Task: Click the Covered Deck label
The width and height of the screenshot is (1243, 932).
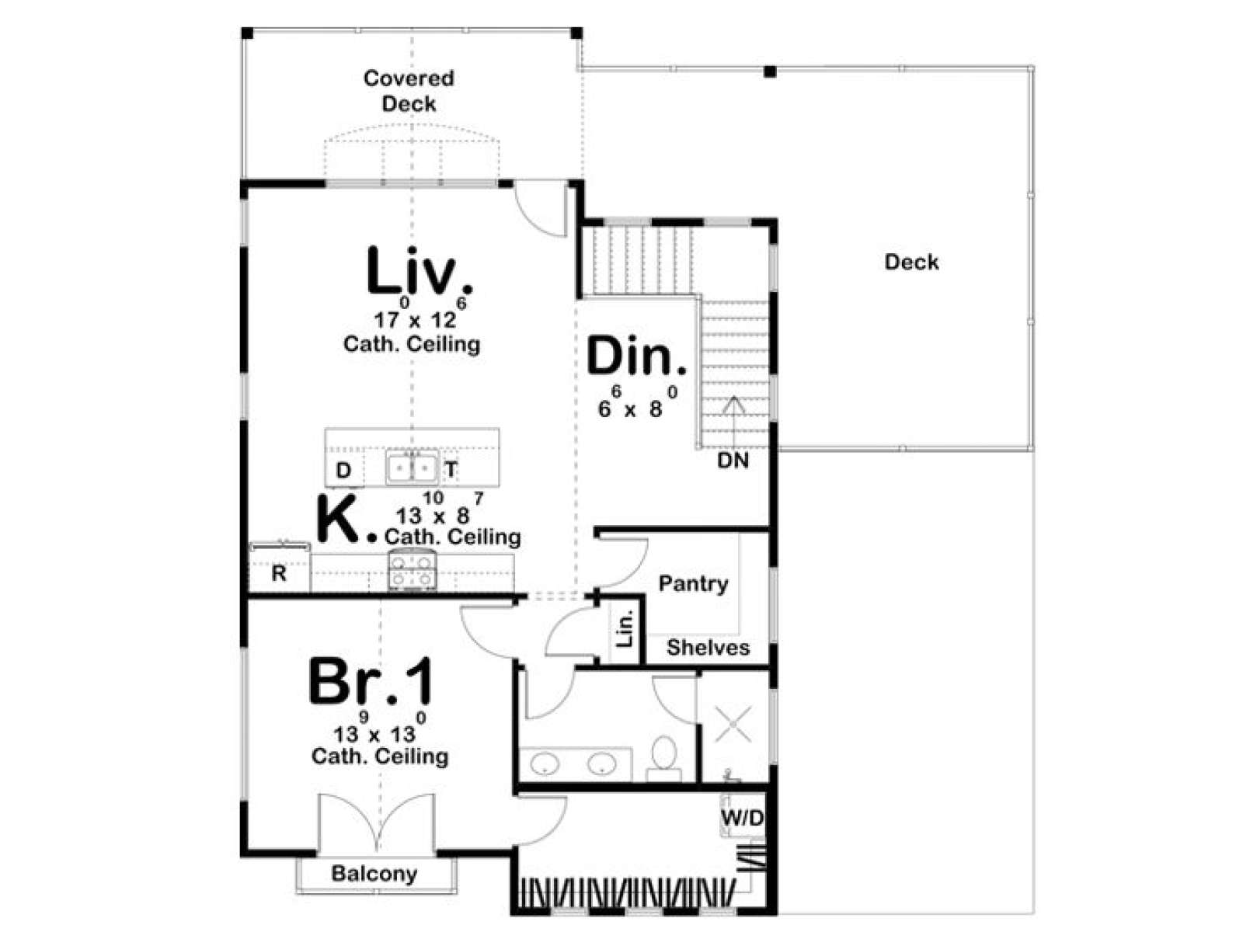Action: pyautogui.click(x=409, y=91)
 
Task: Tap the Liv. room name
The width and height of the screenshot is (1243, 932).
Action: pyautogui.click(x=419, y=271)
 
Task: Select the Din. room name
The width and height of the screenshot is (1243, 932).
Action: pyautogui.click(x=636, y=356)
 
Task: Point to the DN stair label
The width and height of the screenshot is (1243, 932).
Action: pyautogui.click(x=733, y=461)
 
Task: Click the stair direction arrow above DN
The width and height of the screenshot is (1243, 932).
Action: pyautogui.click(x=734, y=422)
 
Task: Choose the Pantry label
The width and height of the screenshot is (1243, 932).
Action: pyautogui.click(x=693, y=584)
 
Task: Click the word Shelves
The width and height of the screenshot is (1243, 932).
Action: pyautogui.click(x=708, y=648)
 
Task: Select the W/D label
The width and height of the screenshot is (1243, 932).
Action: pyautogui.click(x=743, y=818)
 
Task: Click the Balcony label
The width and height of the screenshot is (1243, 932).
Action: pyautogui.click(x=374, y=874)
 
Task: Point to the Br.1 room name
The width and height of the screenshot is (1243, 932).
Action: pyautogui.click(x=371, y=681)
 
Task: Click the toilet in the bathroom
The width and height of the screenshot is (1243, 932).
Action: pyautogui.click(x=664, y=756)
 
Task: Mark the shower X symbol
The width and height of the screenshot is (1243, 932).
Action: pyautogui.click(x=733, y=725)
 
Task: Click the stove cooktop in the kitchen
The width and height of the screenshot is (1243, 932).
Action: pyautogui.click(x=413, y=571)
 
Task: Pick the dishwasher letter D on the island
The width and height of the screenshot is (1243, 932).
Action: pyautogui.click(x=343, y=470)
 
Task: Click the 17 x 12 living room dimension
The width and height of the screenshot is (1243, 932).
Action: pyautogui.click(x=415, y=314)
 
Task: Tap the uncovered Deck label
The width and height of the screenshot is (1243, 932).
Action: pyautogui.click(x=911, y=262)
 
